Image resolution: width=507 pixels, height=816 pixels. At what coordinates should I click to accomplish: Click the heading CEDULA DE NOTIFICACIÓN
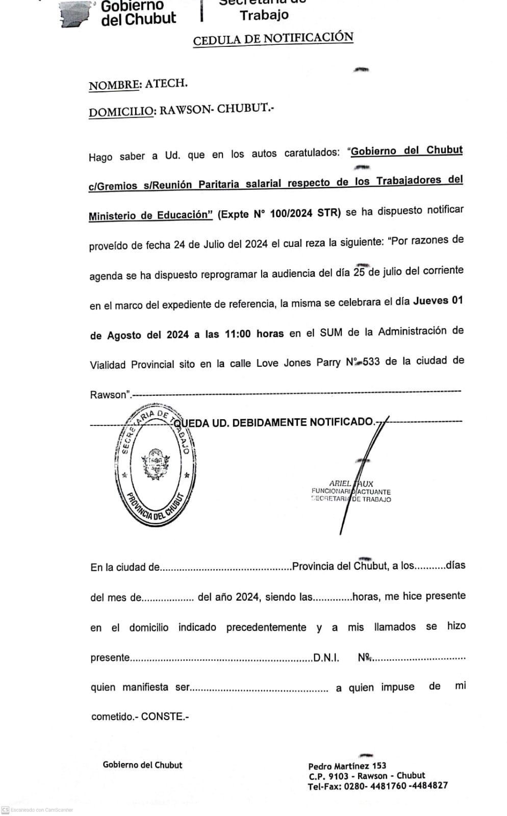click(x=273, y=39)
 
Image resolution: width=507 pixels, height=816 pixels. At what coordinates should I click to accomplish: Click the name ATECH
click(x=166, y=84)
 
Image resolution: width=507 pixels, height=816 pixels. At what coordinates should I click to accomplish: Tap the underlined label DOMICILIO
click(x=121, y=112)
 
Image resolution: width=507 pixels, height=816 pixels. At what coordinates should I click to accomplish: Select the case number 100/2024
click(x=291, y=213)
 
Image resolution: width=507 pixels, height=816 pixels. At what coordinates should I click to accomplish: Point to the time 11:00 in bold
click(x=238, y=334)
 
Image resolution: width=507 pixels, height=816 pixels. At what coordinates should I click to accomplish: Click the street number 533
click(x=371, y=362)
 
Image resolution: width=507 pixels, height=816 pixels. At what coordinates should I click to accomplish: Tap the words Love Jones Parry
click(x=298, y=363)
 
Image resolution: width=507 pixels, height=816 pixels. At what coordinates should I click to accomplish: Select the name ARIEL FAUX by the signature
click(x=351, y=483)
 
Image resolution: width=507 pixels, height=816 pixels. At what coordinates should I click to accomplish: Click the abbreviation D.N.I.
click(x=326, y=657)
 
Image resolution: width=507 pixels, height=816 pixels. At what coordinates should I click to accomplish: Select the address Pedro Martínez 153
click(x=347, y=766)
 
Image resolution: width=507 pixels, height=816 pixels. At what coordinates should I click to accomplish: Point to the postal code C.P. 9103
click(x=328, y=776)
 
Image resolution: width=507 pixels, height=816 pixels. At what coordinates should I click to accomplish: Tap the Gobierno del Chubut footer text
click(x=142, y=765)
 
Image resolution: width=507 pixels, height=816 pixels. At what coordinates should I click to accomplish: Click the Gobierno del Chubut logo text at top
click(x=138, y=13)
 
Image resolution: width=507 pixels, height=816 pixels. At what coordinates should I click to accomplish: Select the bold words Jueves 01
click(x=438, y=300)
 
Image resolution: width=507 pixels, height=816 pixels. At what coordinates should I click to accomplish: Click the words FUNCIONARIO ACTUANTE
click(x=351, y=492)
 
